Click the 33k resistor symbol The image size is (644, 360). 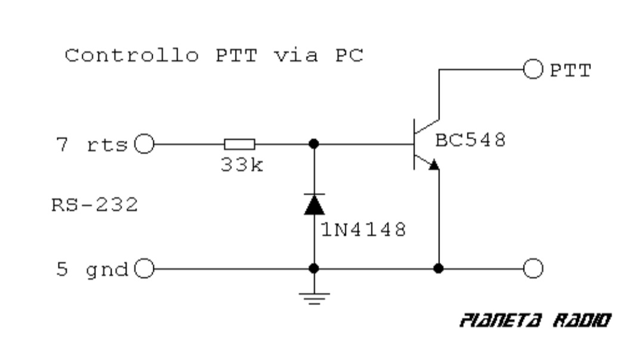click(240, 144)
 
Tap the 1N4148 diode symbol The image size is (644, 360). click(314, 204)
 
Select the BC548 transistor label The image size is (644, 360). click(470, 141)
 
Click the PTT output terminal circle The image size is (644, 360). click(532, 70)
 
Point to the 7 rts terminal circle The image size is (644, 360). click(144, 144)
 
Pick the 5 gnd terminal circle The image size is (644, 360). click(144, 269)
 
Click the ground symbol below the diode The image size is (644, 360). click(314, 296)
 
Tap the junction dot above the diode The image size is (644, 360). click(314, 144)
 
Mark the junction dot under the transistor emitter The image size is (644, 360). click(439, 268)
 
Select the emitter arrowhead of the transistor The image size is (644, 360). click(435, 164)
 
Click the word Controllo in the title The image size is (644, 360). click(131, 56)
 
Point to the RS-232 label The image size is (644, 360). click(95, 206)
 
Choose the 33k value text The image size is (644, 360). click(241, 165)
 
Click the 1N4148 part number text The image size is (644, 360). click(364, 229)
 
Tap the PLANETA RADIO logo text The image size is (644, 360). click(535, 321)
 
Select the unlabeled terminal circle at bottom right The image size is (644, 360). click(532, 269)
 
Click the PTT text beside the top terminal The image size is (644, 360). click(570, 71)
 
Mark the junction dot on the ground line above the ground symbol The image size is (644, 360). click(314, 269)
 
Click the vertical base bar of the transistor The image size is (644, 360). click(415, 144)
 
